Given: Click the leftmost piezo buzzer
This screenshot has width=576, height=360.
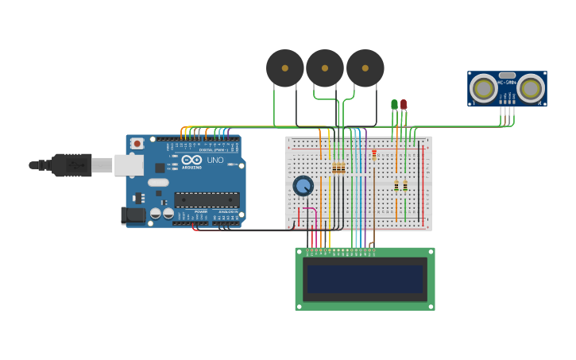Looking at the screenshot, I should click(284, 68).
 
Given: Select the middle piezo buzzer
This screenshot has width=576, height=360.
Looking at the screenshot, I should click(324, 68).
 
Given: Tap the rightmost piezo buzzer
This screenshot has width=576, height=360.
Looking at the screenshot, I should click(365, 68).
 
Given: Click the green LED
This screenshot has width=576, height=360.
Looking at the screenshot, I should click(394, 104).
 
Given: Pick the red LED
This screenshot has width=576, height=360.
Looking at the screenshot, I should click(404, 104).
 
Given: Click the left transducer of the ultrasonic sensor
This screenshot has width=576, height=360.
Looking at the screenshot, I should click(483, 88).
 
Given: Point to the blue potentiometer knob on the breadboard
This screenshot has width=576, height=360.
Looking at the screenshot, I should click(303, 186).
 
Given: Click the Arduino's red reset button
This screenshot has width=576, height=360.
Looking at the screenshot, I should click(137, 144).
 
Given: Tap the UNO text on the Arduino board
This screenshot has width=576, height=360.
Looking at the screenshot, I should click(215, 160).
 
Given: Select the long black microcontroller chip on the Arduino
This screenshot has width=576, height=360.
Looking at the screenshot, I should click(207, 199).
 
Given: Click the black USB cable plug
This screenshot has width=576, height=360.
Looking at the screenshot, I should click(72, 165).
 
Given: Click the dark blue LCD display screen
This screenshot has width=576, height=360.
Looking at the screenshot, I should click(365, 279).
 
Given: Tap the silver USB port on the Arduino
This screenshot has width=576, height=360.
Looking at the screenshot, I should click(128, 165).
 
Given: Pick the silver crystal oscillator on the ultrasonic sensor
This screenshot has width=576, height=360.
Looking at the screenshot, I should click(507, 74).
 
